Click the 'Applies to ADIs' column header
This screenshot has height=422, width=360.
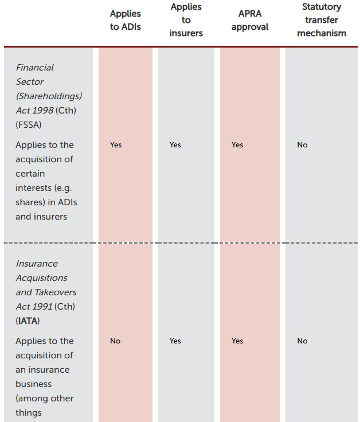(126, 20)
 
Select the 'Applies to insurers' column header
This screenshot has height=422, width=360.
(186, 20)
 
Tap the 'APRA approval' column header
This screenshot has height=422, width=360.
(250, 20)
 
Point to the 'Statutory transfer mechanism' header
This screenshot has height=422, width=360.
(322, 20)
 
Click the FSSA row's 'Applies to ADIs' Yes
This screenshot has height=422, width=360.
(116, 145)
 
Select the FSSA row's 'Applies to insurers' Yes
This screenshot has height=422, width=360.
(175, 145)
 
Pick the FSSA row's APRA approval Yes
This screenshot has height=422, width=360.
(237, 145)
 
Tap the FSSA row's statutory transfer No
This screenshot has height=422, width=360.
(302, 145)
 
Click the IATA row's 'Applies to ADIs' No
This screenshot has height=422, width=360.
(115, 341)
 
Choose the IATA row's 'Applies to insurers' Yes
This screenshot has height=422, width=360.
(175, 341)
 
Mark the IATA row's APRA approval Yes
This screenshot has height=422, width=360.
(237, 341)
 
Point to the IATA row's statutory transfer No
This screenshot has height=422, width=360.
(302, 341)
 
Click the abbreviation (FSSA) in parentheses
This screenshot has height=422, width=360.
(28, 125)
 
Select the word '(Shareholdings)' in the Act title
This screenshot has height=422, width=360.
(49, 96)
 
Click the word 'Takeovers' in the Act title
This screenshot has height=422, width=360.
(55, 292)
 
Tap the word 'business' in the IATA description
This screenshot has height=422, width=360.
(34, 384)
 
